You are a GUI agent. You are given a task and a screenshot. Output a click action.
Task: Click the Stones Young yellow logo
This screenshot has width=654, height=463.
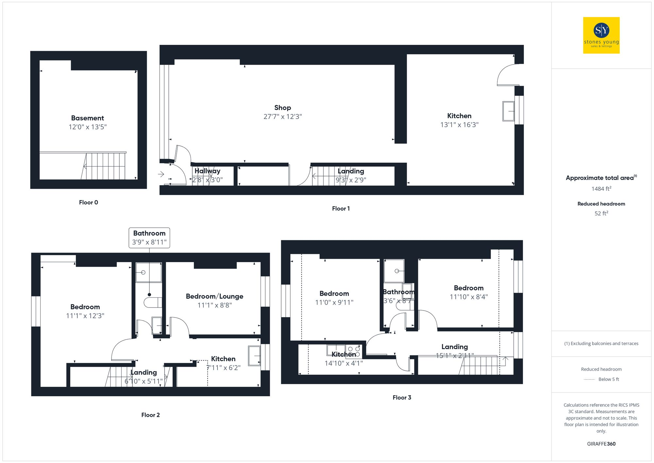click(x=601, y=35)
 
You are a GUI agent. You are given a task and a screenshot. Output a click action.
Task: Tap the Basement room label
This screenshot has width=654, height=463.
click(x=87, y=118)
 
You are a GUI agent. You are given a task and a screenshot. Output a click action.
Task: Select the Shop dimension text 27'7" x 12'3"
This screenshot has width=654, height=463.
click(x=283, y=117)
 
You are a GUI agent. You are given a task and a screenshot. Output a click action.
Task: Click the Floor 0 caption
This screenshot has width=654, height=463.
click(x=88, y=203)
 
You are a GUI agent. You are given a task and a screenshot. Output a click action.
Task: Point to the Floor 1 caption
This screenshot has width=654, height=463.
click(x=341, y=209)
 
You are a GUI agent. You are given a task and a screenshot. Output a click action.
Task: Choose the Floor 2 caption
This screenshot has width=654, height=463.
click(x=150, y=415)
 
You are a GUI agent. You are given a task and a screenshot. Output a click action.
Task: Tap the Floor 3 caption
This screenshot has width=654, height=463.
click(x=402, y=398)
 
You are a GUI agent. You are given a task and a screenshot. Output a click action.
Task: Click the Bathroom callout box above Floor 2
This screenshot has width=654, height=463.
click(x=149, y=238)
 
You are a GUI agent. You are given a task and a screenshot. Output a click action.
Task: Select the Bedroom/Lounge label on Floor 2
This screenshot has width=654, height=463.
click(x=215, y=296)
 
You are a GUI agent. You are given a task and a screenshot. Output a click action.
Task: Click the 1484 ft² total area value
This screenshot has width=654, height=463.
click(x=601, y=189)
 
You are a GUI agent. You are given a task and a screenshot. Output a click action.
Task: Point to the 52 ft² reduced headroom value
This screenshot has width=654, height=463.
click(x=601, y=213)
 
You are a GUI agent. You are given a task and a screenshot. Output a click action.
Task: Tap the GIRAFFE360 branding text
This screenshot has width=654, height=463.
click(x=601, y=444)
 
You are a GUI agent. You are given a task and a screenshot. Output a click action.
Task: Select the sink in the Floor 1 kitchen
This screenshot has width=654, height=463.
click(x=508, y=111)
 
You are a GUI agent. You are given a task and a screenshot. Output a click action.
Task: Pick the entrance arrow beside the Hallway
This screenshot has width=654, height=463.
click(x=161, y=174)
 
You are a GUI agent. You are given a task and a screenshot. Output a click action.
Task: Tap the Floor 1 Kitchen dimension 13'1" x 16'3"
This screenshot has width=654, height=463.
click(x=459, y=125)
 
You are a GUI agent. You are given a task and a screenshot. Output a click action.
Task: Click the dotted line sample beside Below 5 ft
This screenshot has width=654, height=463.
click(x=589, y=380)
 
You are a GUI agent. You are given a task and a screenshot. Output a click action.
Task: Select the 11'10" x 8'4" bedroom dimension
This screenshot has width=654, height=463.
click(x=468, y=297)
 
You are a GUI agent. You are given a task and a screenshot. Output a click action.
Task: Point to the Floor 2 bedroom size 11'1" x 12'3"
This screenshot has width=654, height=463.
click(x=85, y=316)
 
